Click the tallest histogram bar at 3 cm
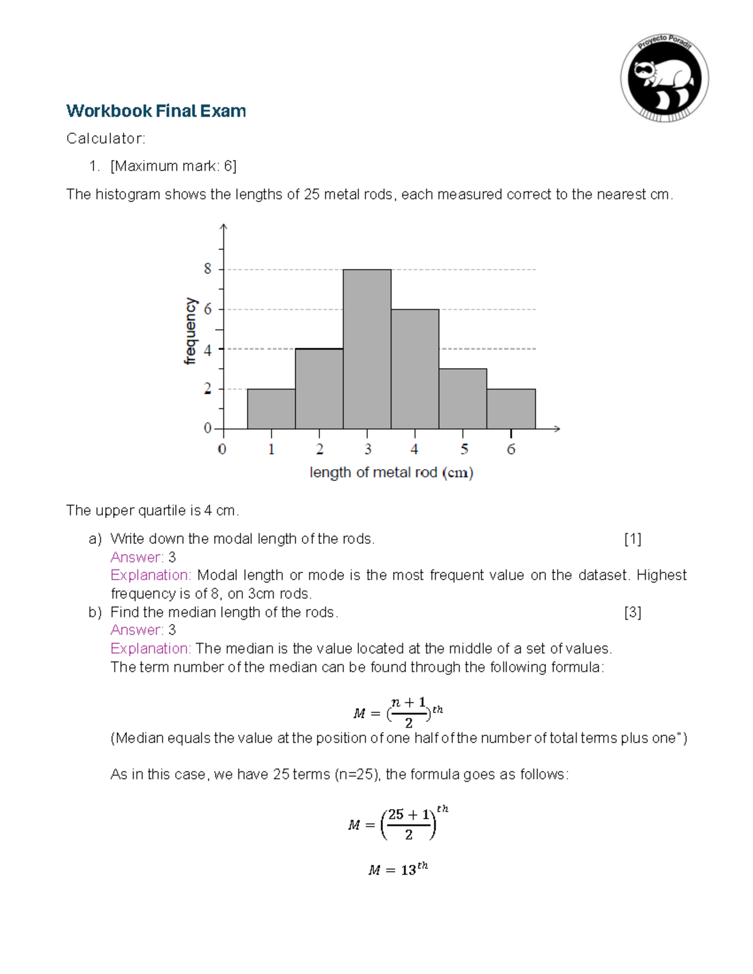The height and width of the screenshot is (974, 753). point(367,349)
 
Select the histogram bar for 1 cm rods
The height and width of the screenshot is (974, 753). point(271,409)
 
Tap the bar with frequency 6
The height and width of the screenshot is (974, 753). point(415,369)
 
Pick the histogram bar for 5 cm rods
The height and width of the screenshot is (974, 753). point(462,399)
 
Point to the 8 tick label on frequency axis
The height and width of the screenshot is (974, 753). point(208,269)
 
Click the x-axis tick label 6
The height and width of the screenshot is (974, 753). point(511,449)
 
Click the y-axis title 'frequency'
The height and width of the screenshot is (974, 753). point(190,331)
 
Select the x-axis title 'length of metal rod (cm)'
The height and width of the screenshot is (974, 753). point(391,472)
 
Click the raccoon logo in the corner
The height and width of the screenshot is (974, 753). point(665,78)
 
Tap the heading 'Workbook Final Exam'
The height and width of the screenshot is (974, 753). point(156,111)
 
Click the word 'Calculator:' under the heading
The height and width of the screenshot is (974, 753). point(105,139)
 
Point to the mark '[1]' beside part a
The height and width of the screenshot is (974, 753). point(633,539)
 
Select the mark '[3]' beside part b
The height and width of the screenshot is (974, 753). point(633,612)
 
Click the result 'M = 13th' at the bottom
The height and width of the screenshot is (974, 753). point(398,869)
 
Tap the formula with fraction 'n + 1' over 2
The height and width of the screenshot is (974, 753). point(398,712)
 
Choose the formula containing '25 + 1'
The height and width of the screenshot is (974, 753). point(398,823)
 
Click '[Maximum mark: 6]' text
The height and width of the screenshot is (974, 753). point(173,166)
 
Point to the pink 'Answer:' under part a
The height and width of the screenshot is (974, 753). point(137,557)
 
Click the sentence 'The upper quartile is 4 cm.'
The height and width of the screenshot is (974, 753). point(152,511)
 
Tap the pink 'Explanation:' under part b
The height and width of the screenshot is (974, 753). point(151,648)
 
